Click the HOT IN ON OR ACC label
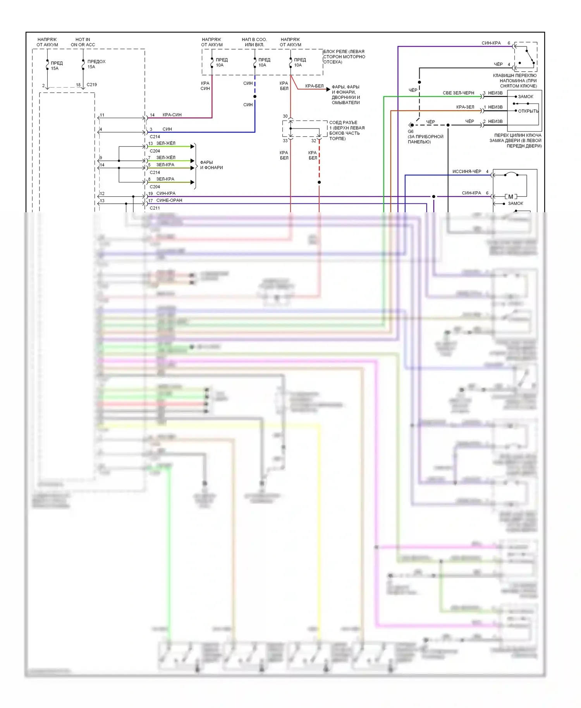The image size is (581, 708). pos(83,42)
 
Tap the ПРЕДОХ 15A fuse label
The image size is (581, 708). pos(96,64)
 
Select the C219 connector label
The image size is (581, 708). pos(92,84)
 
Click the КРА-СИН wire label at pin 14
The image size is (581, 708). pos(172,115)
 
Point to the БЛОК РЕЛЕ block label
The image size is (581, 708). pos(344,57)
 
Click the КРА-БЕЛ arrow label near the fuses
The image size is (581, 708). pos(314,86)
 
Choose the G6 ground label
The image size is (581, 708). pos(411,131)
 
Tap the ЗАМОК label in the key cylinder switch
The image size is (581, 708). pos(526,96)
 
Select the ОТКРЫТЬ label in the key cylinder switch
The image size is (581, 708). pos(528,111)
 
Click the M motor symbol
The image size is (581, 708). pos(511,197)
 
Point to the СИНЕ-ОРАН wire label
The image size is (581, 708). pos(169,201)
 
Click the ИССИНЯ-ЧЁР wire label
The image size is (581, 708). pos(467,172)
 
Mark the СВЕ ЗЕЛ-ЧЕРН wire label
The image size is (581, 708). pos(458,93)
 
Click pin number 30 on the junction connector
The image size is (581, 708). pos(285,116)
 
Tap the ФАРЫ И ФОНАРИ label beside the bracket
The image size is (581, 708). pos(211,165)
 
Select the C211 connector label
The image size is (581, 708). pos(155,208)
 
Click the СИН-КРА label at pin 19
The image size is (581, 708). pos(166,193)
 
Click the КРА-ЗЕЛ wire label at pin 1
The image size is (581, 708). pos(465,107)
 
